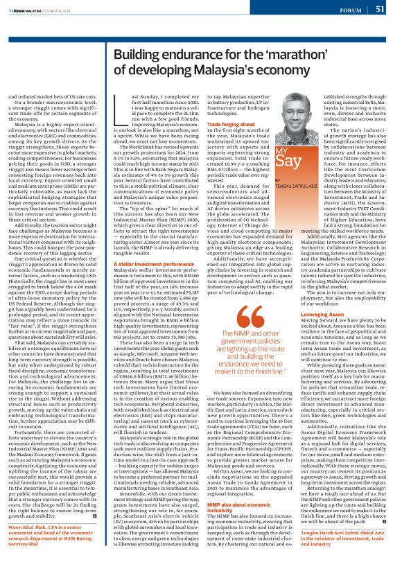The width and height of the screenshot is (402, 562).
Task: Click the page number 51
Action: pos(380,9)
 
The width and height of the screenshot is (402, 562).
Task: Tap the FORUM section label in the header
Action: pos(350,10)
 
